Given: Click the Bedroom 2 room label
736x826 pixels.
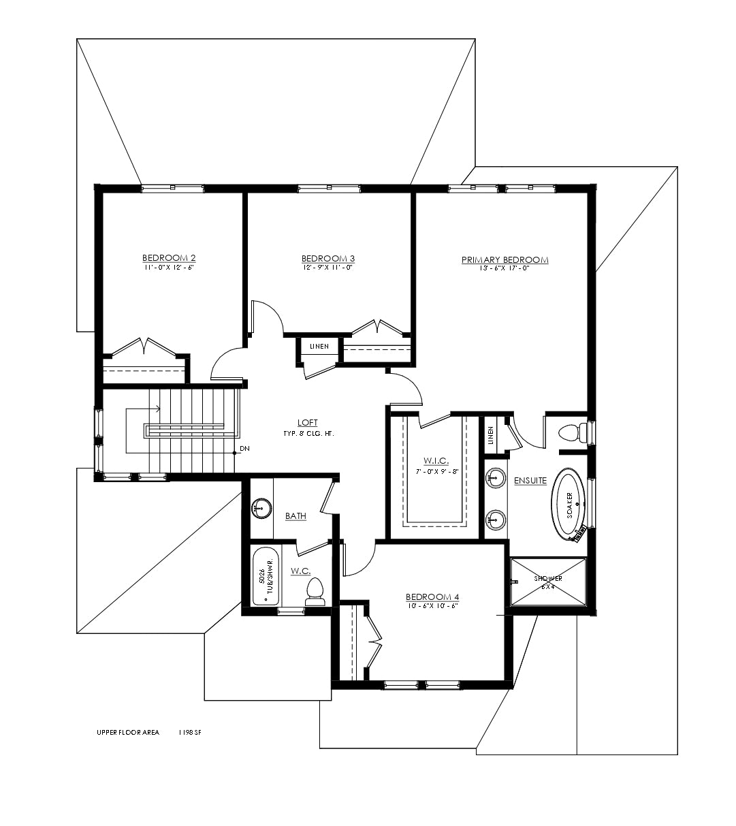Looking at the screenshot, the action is click(x=169, y=257).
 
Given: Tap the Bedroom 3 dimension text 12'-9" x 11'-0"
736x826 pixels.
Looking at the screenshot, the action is click(x=328, y=268).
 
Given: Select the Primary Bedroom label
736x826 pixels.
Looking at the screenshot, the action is click(x=505, y=259).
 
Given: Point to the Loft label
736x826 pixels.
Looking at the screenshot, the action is click(x=308, y=423).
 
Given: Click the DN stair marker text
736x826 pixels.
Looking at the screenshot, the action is click(x=244, y=449).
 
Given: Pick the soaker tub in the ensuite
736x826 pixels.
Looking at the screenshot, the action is click(x=569, y=505).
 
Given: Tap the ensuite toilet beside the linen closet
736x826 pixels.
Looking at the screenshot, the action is click(x=573, y=432).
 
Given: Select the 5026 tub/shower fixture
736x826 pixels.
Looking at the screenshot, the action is click(x=266, y=576).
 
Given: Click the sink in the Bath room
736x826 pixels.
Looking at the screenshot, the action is click(x=261, y=508).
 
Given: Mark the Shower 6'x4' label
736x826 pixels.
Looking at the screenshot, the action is click(x=548, y=582).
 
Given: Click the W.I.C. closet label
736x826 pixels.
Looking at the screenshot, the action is click(x=436, y=461).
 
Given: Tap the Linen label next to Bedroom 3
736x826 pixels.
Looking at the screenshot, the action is click(x=319, y=347).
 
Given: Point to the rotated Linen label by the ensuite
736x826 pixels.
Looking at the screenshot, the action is click(x=490, y=435).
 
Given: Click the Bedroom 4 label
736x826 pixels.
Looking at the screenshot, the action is click(x=432, y=597).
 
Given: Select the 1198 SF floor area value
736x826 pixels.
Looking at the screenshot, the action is click(x=190, y=733).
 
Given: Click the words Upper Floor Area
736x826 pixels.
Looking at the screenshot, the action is click(x=128, y=733).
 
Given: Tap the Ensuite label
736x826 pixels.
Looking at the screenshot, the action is click(x=530, y=481).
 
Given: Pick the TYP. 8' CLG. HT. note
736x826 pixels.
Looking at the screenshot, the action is click(x=308, y=434).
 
